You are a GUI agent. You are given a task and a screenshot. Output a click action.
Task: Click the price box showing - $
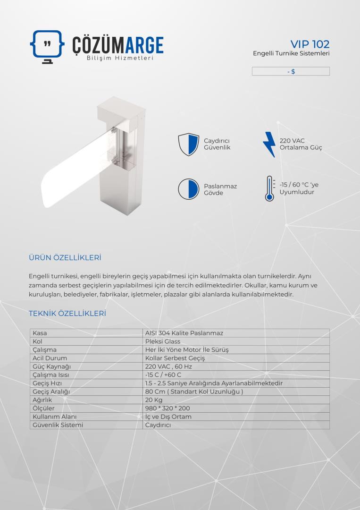[291, 71]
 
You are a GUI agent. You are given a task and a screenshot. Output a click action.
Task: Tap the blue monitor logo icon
[47, 46]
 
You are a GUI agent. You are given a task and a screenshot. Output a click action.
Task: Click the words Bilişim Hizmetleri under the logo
[120, 58]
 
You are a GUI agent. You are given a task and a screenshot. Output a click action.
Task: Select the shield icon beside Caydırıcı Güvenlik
[188, 144]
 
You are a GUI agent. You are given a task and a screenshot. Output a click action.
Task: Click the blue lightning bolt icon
[269, 144]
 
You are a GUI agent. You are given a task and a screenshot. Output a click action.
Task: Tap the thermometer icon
[269, 188]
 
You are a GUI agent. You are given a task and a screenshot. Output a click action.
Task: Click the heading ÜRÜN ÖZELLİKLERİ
[65, 257]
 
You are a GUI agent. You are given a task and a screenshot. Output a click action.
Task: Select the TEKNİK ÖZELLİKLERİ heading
[67, 313]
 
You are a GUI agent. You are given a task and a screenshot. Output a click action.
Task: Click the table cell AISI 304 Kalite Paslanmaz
[184, 333]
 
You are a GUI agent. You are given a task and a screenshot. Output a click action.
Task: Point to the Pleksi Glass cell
[163, 341]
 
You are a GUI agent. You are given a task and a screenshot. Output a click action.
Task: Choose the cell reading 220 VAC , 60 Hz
[168, 366]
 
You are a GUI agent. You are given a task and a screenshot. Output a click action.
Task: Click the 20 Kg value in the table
[154, 399]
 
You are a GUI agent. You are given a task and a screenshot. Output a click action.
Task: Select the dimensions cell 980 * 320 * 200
[167, 408]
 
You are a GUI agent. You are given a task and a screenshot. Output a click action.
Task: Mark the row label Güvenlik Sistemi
[58, 425]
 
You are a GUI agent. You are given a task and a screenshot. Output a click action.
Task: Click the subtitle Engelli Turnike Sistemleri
[291, 53]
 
